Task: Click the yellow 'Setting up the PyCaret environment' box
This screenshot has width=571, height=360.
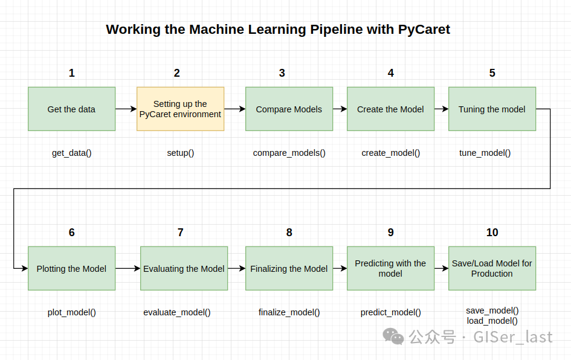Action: [180, 109]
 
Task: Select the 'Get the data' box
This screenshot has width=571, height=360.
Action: [72, 109]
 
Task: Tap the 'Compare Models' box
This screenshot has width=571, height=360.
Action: [289, 109]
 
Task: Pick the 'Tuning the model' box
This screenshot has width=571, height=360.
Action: [492, 109]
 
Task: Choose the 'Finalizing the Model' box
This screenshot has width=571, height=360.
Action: [289, 268]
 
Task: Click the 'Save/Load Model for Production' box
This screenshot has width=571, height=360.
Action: [492, 268]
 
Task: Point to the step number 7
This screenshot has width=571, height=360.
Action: [180, 232]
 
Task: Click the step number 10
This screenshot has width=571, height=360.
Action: [492, 232]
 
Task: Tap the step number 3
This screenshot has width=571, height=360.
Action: [282, 73]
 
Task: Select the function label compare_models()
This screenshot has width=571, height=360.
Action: [289, 153]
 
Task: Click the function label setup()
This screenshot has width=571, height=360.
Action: [180, 153]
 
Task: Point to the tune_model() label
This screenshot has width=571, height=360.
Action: [485, 153]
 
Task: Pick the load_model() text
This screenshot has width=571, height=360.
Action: [492, 321]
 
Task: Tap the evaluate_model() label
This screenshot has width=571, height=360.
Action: [176, 312]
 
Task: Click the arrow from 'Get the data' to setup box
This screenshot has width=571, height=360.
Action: [126, 109]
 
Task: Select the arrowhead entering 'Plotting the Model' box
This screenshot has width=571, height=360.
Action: [25, 268]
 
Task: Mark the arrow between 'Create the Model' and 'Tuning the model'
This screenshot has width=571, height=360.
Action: [441, 109]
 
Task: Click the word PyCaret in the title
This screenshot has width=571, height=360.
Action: [424, 30]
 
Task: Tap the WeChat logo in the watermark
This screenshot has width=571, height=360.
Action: [393, 336]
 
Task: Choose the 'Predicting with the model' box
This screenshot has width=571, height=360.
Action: [390, 268]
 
